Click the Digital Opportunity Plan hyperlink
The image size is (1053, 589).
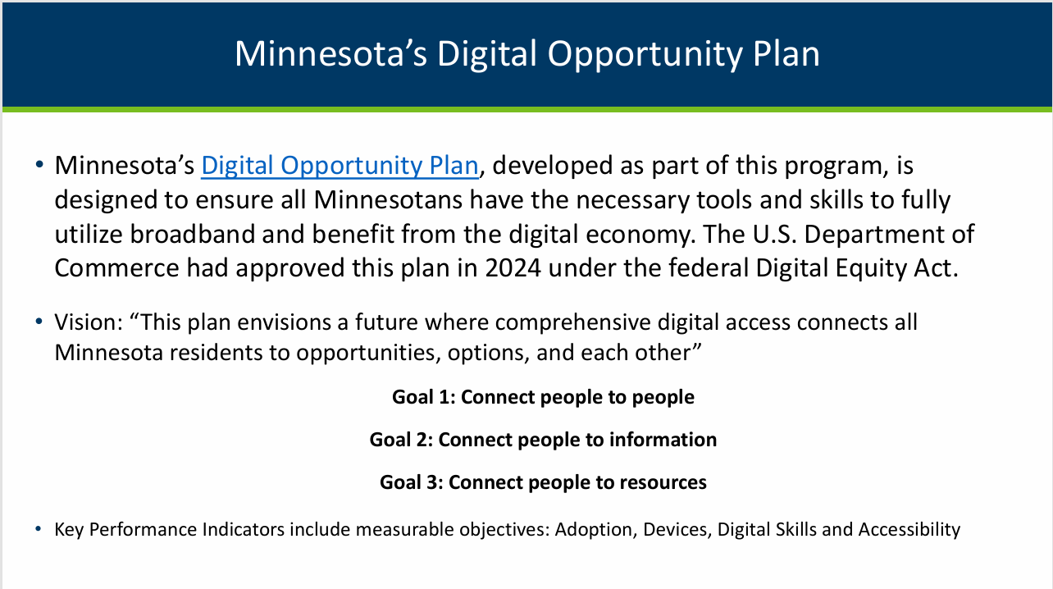tap(340, 166)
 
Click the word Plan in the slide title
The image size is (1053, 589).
tap(786, 53)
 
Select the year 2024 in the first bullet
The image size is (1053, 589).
tap(513, 268)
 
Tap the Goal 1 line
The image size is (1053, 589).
tap(543, 397)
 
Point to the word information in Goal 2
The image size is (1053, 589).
tap(663, 440)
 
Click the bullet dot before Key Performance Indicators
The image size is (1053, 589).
tap(39, 529)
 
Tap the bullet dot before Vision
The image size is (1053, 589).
tap(39, 322)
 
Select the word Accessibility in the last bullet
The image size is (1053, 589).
tap(909, 530)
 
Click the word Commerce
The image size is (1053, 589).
tap(117, 268)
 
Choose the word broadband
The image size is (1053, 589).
tap(192, 234)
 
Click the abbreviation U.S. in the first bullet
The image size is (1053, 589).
tap(775, 234)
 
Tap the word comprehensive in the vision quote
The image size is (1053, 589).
tap(573, 323)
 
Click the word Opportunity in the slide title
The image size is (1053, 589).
tap(645, 54)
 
